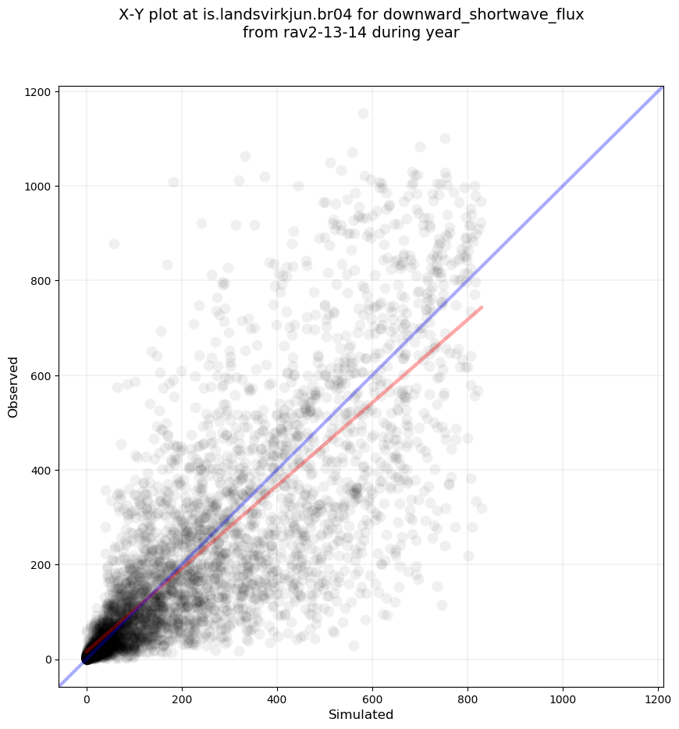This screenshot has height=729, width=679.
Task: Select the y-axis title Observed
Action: pyautogui.click(x=13, y=386)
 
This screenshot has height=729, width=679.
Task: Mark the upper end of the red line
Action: pyautogui.click(x=482, y=307)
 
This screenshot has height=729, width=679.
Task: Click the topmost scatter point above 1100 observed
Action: pyautogui.click(x=363, y=114)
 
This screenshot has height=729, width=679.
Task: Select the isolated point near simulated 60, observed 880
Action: pyautogui.click(x=114, y=244)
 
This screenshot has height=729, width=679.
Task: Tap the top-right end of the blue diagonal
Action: pyautogui.click(x=663, y=87)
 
